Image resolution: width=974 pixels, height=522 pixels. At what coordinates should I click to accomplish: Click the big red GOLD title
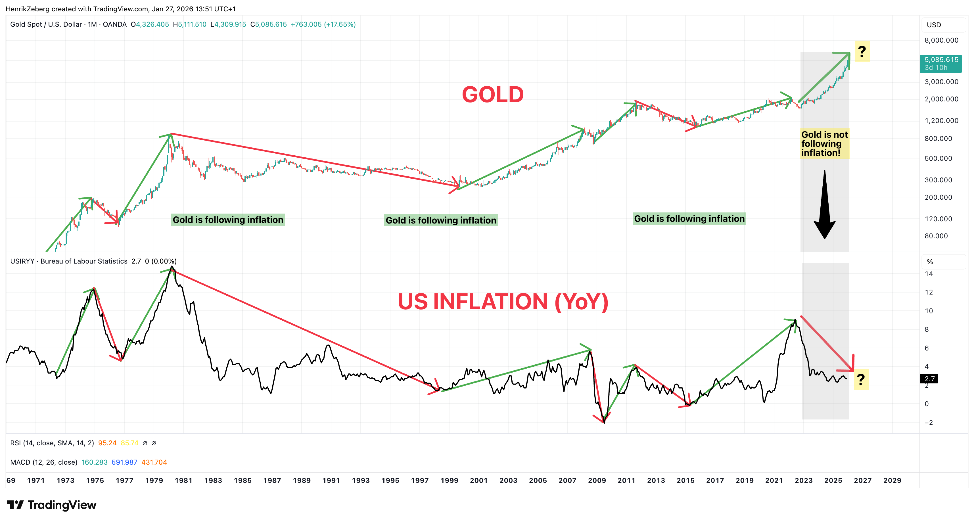point(492,95)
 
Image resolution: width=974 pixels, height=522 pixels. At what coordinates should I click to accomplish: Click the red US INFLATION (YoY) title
point(503,302)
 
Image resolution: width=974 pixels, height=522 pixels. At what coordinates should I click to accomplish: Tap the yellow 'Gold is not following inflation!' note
point(824,144)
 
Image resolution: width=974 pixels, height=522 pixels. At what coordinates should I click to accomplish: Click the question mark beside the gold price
point(862,51)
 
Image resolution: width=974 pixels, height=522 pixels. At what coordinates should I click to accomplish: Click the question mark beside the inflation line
point(861,379)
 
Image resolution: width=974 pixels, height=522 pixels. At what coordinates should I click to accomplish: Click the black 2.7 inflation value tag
point(929,379)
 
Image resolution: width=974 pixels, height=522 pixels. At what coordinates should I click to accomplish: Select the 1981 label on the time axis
point(183,480)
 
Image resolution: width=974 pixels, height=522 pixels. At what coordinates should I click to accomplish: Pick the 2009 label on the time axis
point(597,480)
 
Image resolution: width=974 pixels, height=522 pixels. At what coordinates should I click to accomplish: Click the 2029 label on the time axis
point(892,480)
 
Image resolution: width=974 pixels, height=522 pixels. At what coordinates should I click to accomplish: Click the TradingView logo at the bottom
point(51,505)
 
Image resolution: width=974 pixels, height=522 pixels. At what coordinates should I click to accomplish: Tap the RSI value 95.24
point(107,443)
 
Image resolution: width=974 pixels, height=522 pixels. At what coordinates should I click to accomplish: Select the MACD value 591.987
point(124,462)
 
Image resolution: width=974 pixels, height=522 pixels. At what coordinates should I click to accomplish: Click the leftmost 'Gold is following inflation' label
point(228,220)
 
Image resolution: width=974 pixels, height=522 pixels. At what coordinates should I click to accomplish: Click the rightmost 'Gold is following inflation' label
point(689,219)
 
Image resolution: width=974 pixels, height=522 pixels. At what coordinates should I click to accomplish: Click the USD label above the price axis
point(934,25)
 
